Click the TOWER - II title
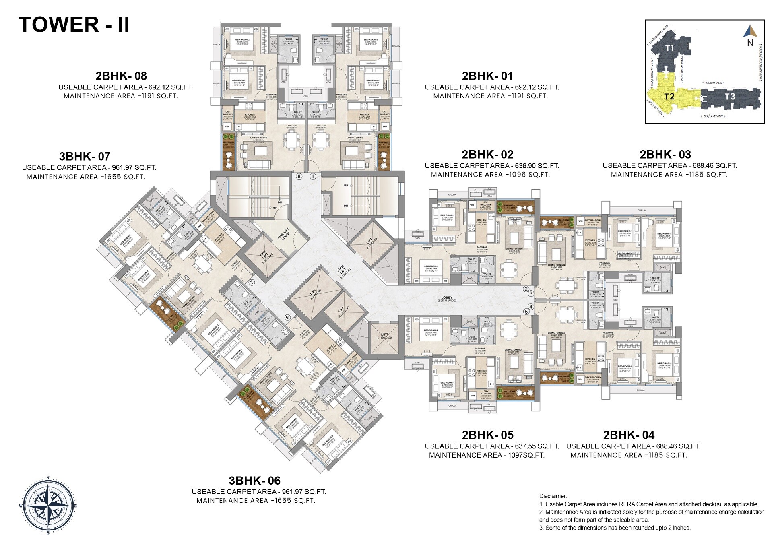coord(74,25)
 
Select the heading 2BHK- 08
coord(121,76)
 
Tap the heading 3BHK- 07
coord(85,157)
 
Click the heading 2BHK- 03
coord(665,155)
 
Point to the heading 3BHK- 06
coord(254,481)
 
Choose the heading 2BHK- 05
coord(487,435)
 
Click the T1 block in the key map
coord(669,48)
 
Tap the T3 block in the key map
coord(730,97)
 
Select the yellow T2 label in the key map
coord(669,97)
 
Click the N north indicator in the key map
coord(750,43)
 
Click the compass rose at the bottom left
coord(48,506)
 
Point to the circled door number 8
coord(299,176)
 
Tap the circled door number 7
coord(252,283)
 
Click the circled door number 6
coord(287,317)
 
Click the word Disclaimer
coord(553,496)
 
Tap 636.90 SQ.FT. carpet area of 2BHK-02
coord(537,166)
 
